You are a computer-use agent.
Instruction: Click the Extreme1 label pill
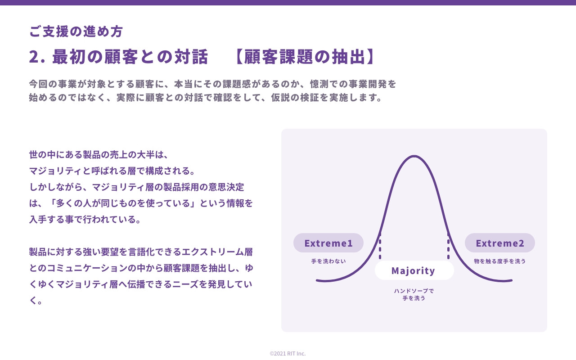pyautogui.click(x=328, y=243)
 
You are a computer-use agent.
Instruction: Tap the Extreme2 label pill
pyautogui.click(x=500, y=243)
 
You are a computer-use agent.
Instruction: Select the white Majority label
pyautogui.click(x=414, y=270)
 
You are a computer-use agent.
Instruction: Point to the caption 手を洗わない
pyautogui.click(x=328, y=261)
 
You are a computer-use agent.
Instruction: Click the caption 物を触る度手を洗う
pyautogui.click(x=500, y=261)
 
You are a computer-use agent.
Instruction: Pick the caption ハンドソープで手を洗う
pyautogui.click(x=414, y=294)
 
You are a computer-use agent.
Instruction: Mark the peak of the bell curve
pyautogui.click(x=414, y=156)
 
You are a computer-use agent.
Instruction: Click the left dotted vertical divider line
pyautogui.click(x=380, y=247)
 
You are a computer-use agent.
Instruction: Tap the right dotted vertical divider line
pyautogui.click(x=448, y=247)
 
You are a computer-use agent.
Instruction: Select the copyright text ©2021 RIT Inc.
pyautogui.click(x=288, y=353)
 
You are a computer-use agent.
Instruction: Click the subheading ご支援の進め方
pyautogui.click(x=76, y=31)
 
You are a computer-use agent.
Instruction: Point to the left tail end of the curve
pyautogui.click(x=318, y=280)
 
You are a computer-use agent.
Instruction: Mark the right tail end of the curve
pyautogui.click(x=511, y=280)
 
